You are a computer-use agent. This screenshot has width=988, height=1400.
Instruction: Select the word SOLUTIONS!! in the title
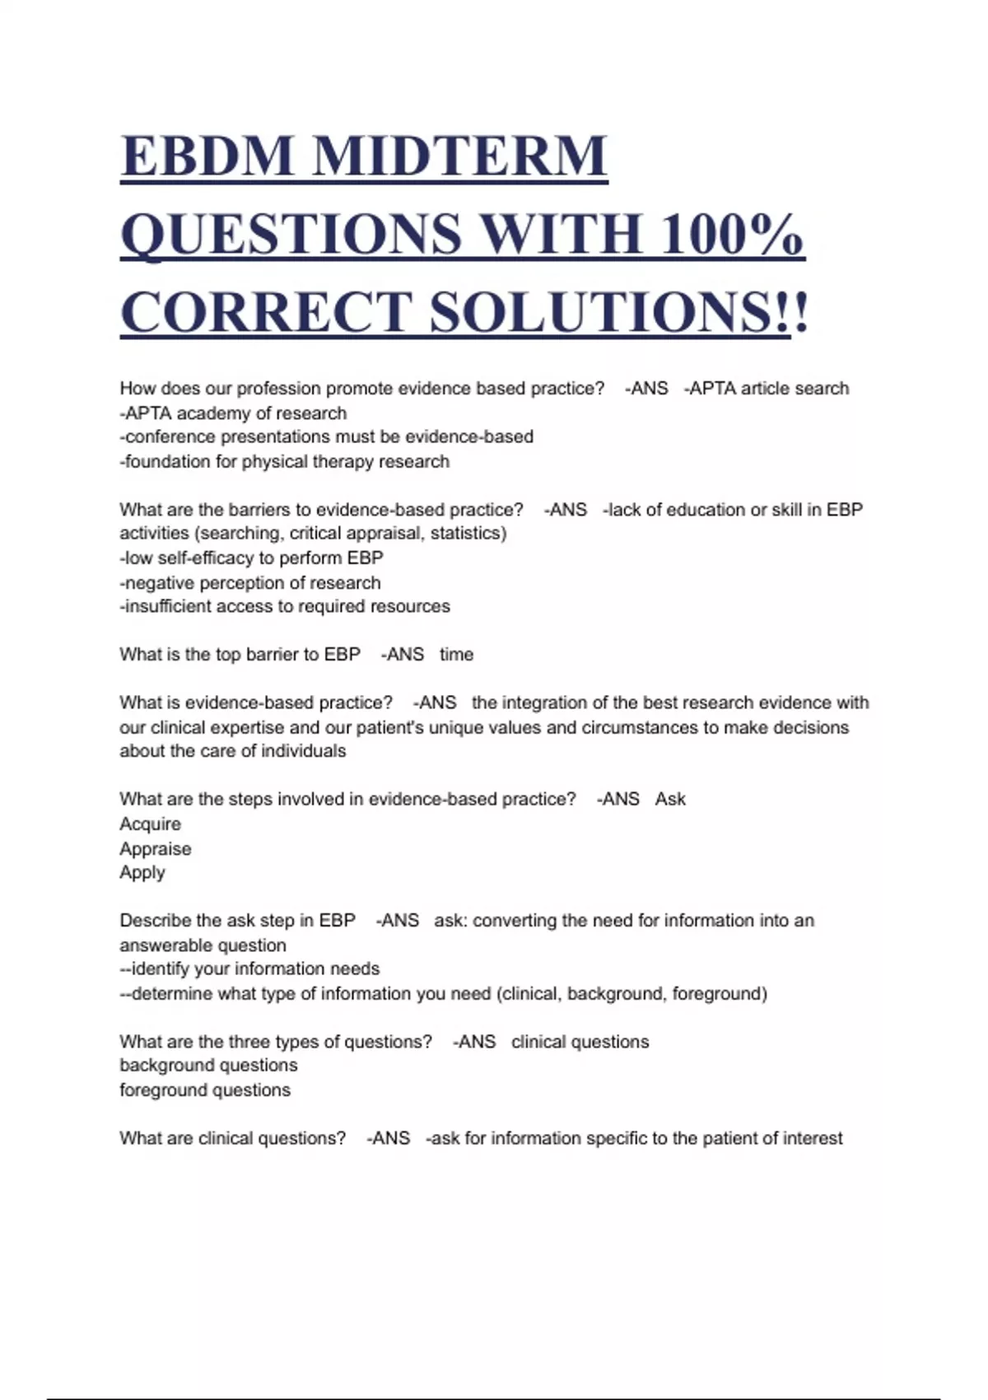point(619,312)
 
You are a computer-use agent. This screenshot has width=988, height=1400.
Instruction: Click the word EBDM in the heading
point(207,156)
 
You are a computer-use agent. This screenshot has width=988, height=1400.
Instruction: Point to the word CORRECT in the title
point(265,312)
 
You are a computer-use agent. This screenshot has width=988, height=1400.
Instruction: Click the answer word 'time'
point(456,655)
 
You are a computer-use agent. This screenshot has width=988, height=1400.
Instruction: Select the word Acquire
point(150,824)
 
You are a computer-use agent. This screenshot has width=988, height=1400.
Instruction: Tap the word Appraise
point(155,849)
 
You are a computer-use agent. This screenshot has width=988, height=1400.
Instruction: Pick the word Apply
point(142,873)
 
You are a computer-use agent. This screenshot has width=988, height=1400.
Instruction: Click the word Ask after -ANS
point(670,800)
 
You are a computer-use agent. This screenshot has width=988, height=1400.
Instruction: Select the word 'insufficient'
point(172,607)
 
